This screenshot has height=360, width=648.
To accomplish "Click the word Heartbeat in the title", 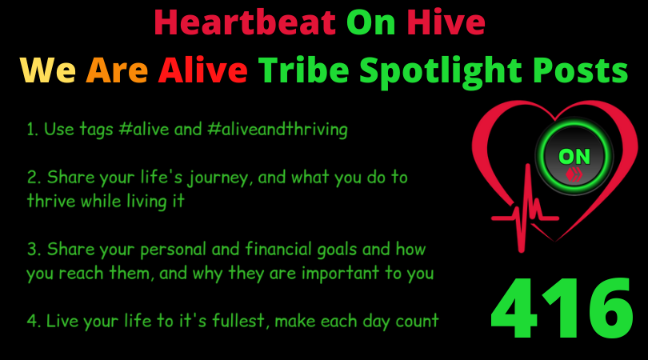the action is coord(245,22).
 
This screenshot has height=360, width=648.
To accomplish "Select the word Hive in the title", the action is coord(446,22).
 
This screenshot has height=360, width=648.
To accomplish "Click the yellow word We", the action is coord(48,70).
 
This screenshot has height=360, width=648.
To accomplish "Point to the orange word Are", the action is coord(117,70).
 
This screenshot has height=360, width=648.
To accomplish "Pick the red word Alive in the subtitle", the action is coord(202,70).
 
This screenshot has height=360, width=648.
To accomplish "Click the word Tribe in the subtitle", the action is coord(304,70).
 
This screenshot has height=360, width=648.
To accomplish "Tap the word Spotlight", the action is coord(441,71).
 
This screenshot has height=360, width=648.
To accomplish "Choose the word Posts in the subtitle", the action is coord(580,70).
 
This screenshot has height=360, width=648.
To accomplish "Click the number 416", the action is coord(562,308).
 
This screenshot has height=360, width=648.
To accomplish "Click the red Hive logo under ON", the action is coord(574,174).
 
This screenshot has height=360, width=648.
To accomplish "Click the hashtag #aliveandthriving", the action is coord(278,130).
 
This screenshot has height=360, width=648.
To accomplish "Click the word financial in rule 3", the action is coord(278,249).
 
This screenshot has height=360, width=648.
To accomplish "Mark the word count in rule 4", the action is coord(417,321).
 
